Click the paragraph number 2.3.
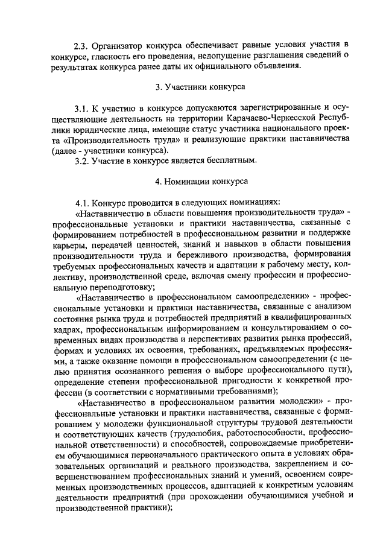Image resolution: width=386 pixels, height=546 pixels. pyautogui.click(x=81, y=45)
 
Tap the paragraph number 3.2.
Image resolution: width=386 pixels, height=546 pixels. pyautogui.click(x=82, y=160)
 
